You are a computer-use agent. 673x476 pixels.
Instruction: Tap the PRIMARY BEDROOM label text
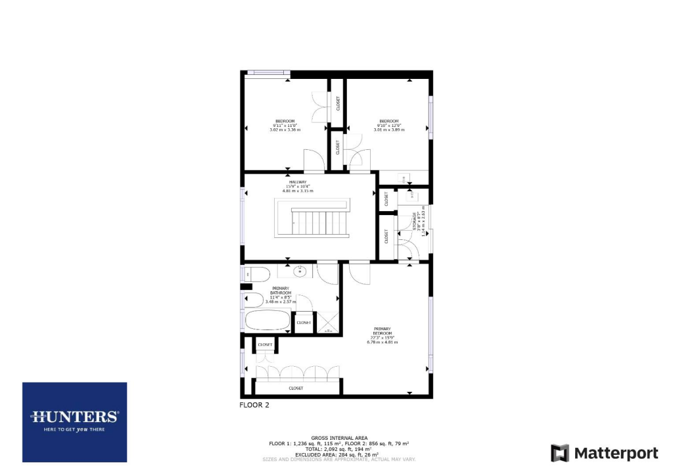tap(383, 331)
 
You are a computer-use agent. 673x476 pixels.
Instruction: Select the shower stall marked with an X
tap(327, 323)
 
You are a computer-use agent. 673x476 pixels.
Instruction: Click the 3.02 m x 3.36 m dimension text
tap(285, 130)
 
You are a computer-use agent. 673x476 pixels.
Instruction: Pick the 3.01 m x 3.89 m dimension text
tap(388, 130)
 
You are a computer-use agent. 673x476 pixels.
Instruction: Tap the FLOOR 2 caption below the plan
tap(254, 406)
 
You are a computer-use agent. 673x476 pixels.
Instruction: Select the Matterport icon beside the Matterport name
tap(559, 453)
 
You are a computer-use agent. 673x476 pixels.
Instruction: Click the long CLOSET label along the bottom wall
tap(296, 389)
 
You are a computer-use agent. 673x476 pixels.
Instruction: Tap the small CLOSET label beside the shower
tap(304, 323)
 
